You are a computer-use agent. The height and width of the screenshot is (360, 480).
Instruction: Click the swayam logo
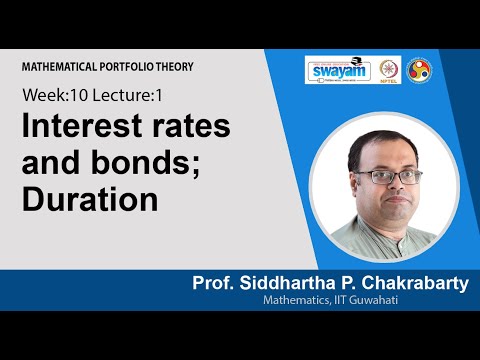coord(338,71)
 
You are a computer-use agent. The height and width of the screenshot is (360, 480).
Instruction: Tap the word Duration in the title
coord(91,198)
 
